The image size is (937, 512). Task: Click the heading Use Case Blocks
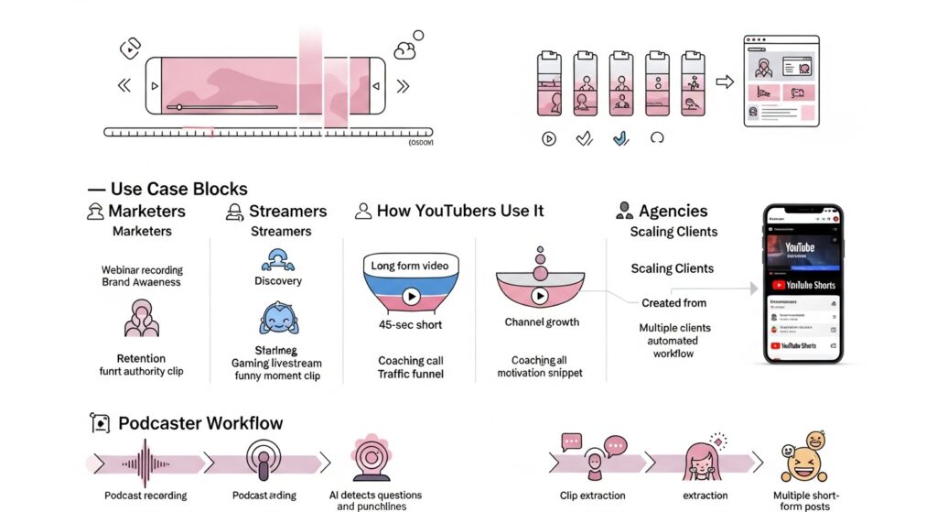point(178,189)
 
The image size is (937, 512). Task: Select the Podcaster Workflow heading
point(200,423)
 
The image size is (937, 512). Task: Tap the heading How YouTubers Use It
point(460,211)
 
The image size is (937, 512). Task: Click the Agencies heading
point(673,211)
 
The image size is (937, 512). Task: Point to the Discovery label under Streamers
point(278,281)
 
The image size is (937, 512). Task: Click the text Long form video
point(410,266)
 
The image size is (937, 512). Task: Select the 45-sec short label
point(411,325)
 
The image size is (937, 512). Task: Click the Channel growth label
point(543,322)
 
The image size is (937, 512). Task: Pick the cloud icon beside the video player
point(404,50)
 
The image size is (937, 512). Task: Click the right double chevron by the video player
point(403,86)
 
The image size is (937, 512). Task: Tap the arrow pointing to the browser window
point(724,82)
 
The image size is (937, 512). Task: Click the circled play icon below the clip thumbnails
point(549,139)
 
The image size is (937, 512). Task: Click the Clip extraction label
point(593,496)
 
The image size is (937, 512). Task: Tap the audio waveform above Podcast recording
point(145,462)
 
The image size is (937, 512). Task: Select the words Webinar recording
point(142,270)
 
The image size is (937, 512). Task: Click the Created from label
point(673,303)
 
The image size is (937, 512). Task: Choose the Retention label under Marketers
point(141,358)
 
